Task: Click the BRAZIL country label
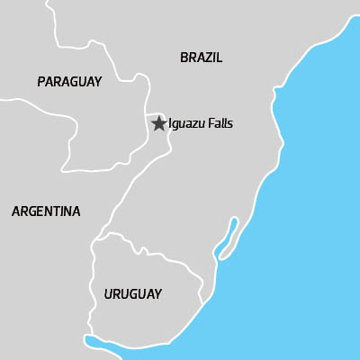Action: tap(201, 58)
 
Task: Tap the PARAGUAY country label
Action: tap(69, 82)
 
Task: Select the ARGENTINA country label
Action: tap(46, 211)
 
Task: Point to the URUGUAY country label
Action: tap(132, 294)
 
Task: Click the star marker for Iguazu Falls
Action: tap(158, 123)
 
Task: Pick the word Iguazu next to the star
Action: tap(187, 124)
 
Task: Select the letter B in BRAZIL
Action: tap(184, 58)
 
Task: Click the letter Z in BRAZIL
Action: tap(209, 58)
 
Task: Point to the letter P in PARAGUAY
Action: tap(41, 82)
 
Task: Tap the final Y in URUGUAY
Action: tap(157, 294)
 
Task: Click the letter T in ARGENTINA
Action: tap(55, 211)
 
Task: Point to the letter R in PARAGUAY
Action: tap(58, 82)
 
